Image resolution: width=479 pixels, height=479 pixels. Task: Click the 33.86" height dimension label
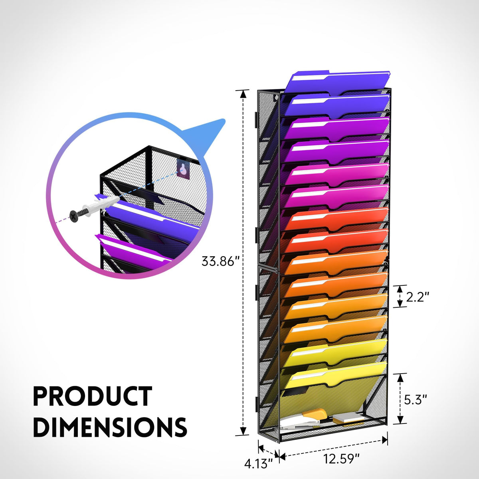coord(220,261)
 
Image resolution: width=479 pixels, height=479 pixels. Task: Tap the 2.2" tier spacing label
coord(418,297)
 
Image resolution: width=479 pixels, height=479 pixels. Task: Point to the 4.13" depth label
coord(259,463)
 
